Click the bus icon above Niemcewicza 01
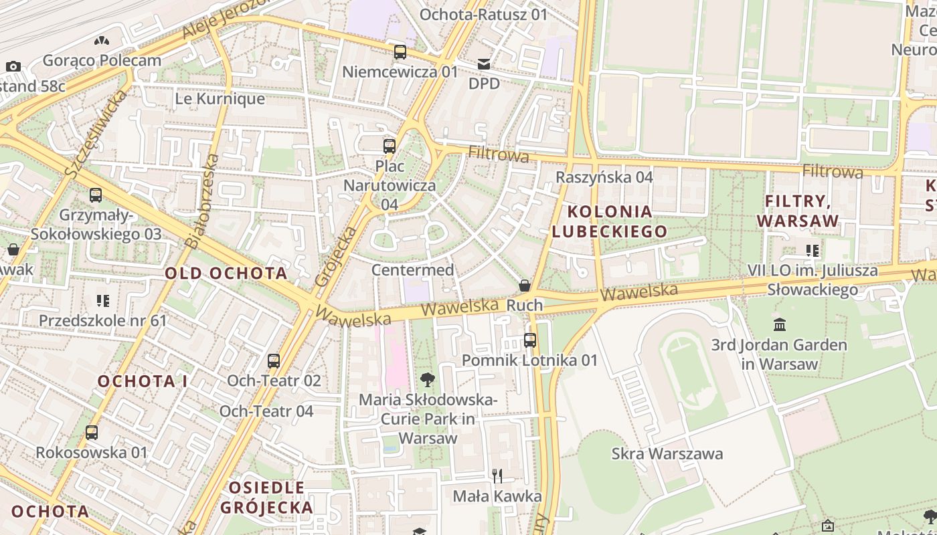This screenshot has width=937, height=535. [400, 51]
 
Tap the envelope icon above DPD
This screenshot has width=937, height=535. [484, 64]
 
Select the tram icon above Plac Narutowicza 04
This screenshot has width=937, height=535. [389, 146]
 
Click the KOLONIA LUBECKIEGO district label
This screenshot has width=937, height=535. [609, 222]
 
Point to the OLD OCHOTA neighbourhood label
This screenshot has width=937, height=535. [226, 273]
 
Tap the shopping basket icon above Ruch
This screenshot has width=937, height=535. [525, 286]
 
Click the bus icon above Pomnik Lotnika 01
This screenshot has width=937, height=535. [530, 340]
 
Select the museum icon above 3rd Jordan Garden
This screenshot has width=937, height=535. [780, 325]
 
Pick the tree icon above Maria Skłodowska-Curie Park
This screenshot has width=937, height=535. [428, 380]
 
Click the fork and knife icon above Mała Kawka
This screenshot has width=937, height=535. [497, 476]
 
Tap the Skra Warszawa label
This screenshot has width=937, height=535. [667, 454]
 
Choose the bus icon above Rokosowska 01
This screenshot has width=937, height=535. [92, 433]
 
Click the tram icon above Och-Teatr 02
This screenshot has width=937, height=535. [274, 361]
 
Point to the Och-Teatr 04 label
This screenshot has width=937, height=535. [266, 411]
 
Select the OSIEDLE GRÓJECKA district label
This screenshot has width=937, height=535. [267, 497]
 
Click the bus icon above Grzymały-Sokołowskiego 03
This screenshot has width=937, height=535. [96, 195]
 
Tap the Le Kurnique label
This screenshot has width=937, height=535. [220, 99]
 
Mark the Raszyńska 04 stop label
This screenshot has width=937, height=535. [604, 177]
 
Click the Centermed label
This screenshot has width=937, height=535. [412, 270]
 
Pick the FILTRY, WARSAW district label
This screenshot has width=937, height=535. [797, 211]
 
